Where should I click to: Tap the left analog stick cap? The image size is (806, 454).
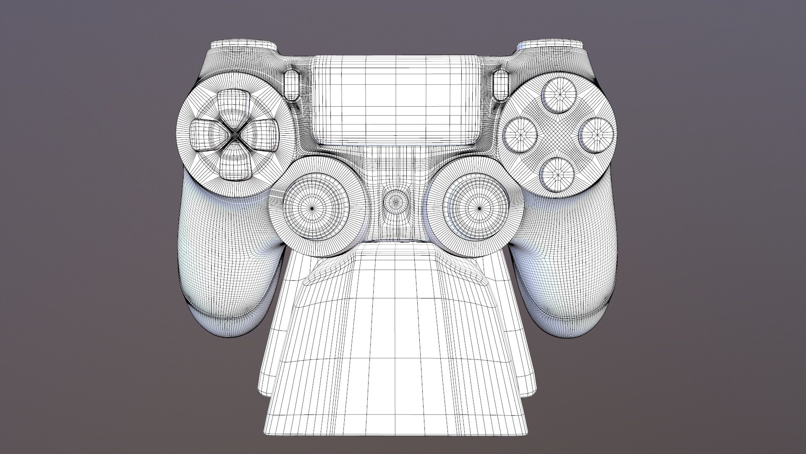point(313,208)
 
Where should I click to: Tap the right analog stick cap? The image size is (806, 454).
point(480,208)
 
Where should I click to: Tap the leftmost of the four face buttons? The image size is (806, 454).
point(520,134)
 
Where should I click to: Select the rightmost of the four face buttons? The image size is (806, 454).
point(597,134)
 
